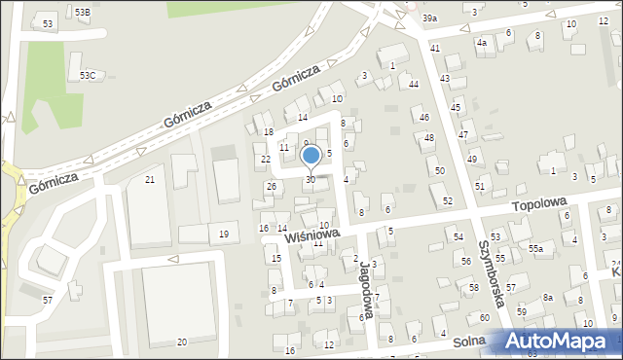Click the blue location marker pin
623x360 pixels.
(x=311, y=156)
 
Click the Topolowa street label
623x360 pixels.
(x=539, y=206)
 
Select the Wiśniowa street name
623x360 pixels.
(x=311, y=234)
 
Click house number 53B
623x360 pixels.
(x=82, y=12)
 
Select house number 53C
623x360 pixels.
(x=88, y=75)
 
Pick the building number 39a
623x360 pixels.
(x=429, y=18)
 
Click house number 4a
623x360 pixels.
(x=481, y=43)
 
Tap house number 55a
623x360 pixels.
(x=535, y=249)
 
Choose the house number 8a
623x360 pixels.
(x=548, y=298)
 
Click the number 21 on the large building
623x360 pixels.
(x=150, y=180)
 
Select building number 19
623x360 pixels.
(x=224, y=234)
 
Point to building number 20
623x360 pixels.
(x=182, y=342)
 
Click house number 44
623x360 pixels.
(x=414, y=85)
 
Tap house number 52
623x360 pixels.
(x=448, y=200)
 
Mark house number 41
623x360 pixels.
(x=435, y=48)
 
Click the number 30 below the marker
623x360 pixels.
(x=311, y=179)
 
